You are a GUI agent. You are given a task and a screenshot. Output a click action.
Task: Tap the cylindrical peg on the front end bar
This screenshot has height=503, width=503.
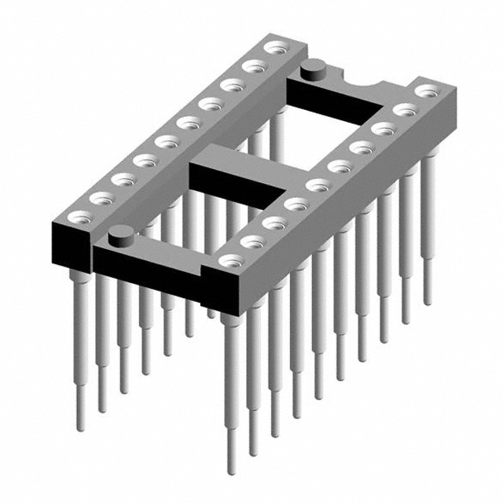119,233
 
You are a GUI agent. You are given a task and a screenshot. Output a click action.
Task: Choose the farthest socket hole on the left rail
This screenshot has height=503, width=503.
274,49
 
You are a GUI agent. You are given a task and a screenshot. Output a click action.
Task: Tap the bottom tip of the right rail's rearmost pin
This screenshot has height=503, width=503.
428,303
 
